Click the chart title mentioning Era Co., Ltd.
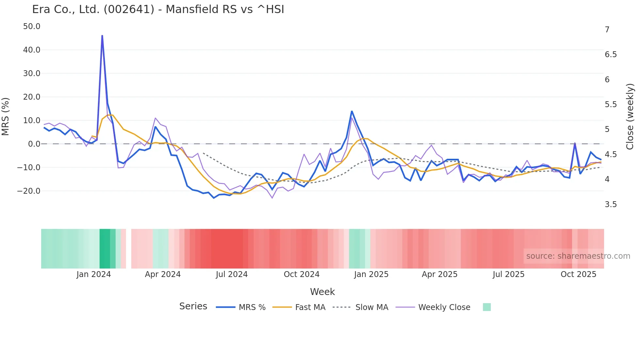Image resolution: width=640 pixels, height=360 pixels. click(x=158, y=9)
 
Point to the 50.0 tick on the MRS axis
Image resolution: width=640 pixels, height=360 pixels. click(x=32, y=26)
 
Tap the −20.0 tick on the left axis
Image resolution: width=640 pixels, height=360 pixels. click(x=29, y=191)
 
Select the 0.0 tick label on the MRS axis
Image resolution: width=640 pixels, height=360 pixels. click(x=34, y=144)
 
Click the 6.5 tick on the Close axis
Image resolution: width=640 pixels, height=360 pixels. click(x=611, y=55)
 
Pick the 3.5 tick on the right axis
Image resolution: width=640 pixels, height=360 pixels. click(x=611, y=205)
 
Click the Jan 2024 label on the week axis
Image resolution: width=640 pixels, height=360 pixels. click(x=94, y=274)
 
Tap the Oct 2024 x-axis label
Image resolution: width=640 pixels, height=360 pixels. click(x=301, y=274)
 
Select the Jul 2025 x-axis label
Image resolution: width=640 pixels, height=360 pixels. click(x=508, y=274)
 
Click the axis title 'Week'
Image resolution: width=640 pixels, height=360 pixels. click(x=322, y=292)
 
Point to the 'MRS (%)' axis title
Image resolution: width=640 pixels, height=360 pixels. click(x=6, y=117)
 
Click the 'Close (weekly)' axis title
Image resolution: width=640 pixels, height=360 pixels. click(x=630, y=117)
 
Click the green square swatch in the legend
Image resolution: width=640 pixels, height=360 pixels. click(x=487, y=307)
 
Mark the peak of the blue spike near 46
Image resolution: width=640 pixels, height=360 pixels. click(x=102, y=36)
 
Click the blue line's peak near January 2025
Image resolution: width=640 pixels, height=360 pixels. click(x=352, y=111)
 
